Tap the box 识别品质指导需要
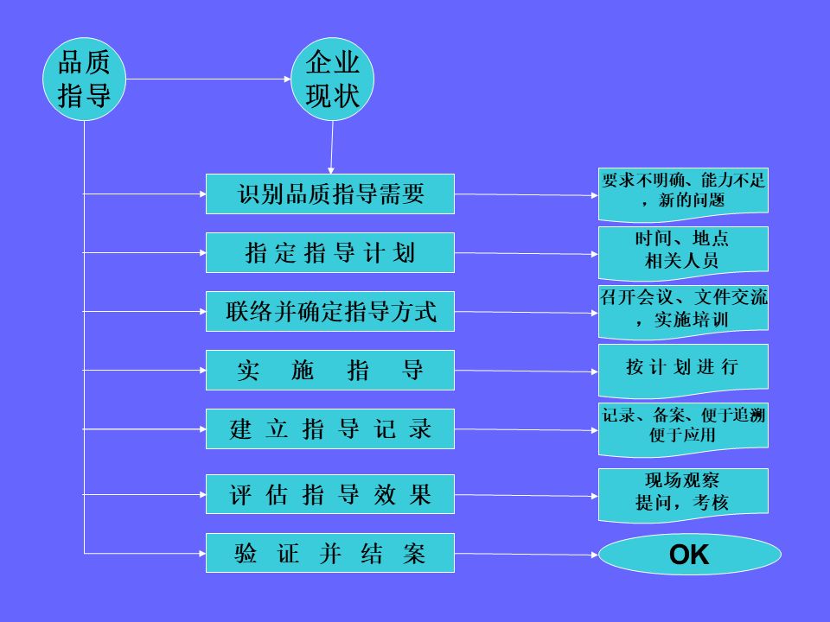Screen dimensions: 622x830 pos(330,194)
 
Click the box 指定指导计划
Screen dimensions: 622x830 pos(330,252)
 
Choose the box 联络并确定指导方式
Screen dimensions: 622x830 pos(330,311)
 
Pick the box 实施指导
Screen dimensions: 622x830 pos(330,370)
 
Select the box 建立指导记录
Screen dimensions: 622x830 pos(330,428)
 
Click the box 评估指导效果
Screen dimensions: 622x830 pos(330,494)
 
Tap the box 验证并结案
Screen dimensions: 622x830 pos(330,553)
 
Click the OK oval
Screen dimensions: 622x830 pos(689,555)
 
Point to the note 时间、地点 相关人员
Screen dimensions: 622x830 pos(683,250)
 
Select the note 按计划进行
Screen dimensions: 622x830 pos(683,366)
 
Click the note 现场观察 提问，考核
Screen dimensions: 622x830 pos(683,492)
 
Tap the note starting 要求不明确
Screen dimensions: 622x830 pos(683,191)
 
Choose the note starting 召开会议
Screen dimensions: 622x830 pos(683,308)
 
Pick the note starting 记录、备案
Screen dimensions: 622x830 pos(683,427)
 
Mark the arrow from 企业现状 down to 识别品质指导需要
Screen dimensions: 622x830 pos(331,147)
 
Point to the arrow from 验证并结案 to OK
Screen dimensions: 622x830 pos(526,554)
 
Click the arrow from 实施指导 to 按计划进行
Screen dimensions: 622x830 pos(526,371)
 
